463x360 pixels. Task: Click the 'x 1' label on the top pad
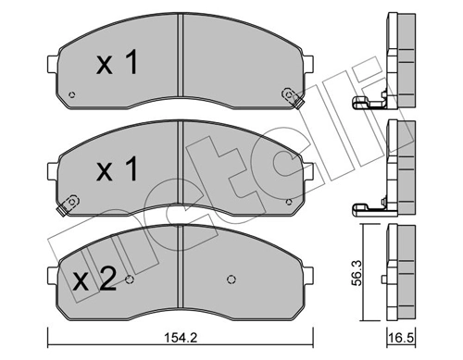[117, 63]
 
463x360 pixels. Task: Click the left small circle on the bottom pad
[130, 280]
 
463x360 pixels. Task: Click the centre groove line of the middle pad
[179, 171]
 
